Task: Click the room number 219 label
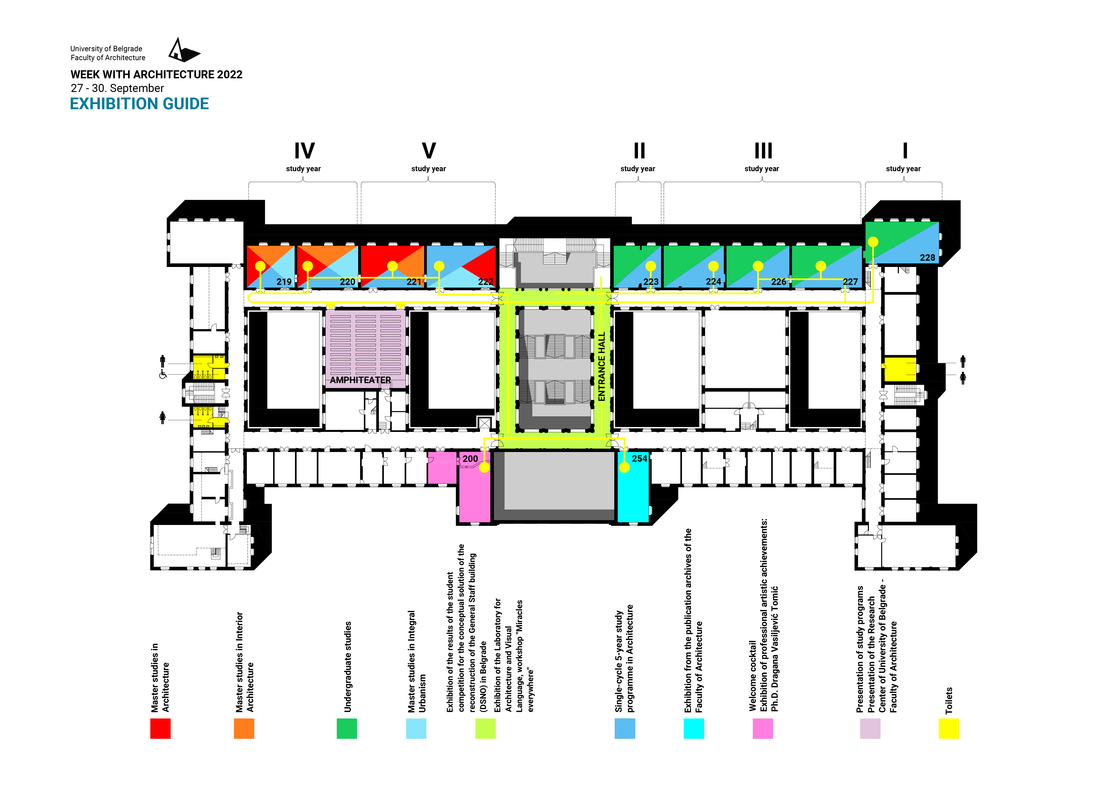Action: point(284,282)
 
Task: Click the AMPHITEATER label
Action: point(361,380)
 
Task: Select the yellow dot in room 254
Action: point(624,467)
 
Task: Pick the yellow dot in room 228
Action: point(873,242)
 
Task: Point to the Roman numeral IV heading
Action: point(304,151)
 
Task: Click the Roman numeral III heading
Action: point(763,151)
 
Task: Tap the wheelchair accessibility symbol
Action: point(163,375)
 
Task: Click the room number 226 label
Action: point(779,282)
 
